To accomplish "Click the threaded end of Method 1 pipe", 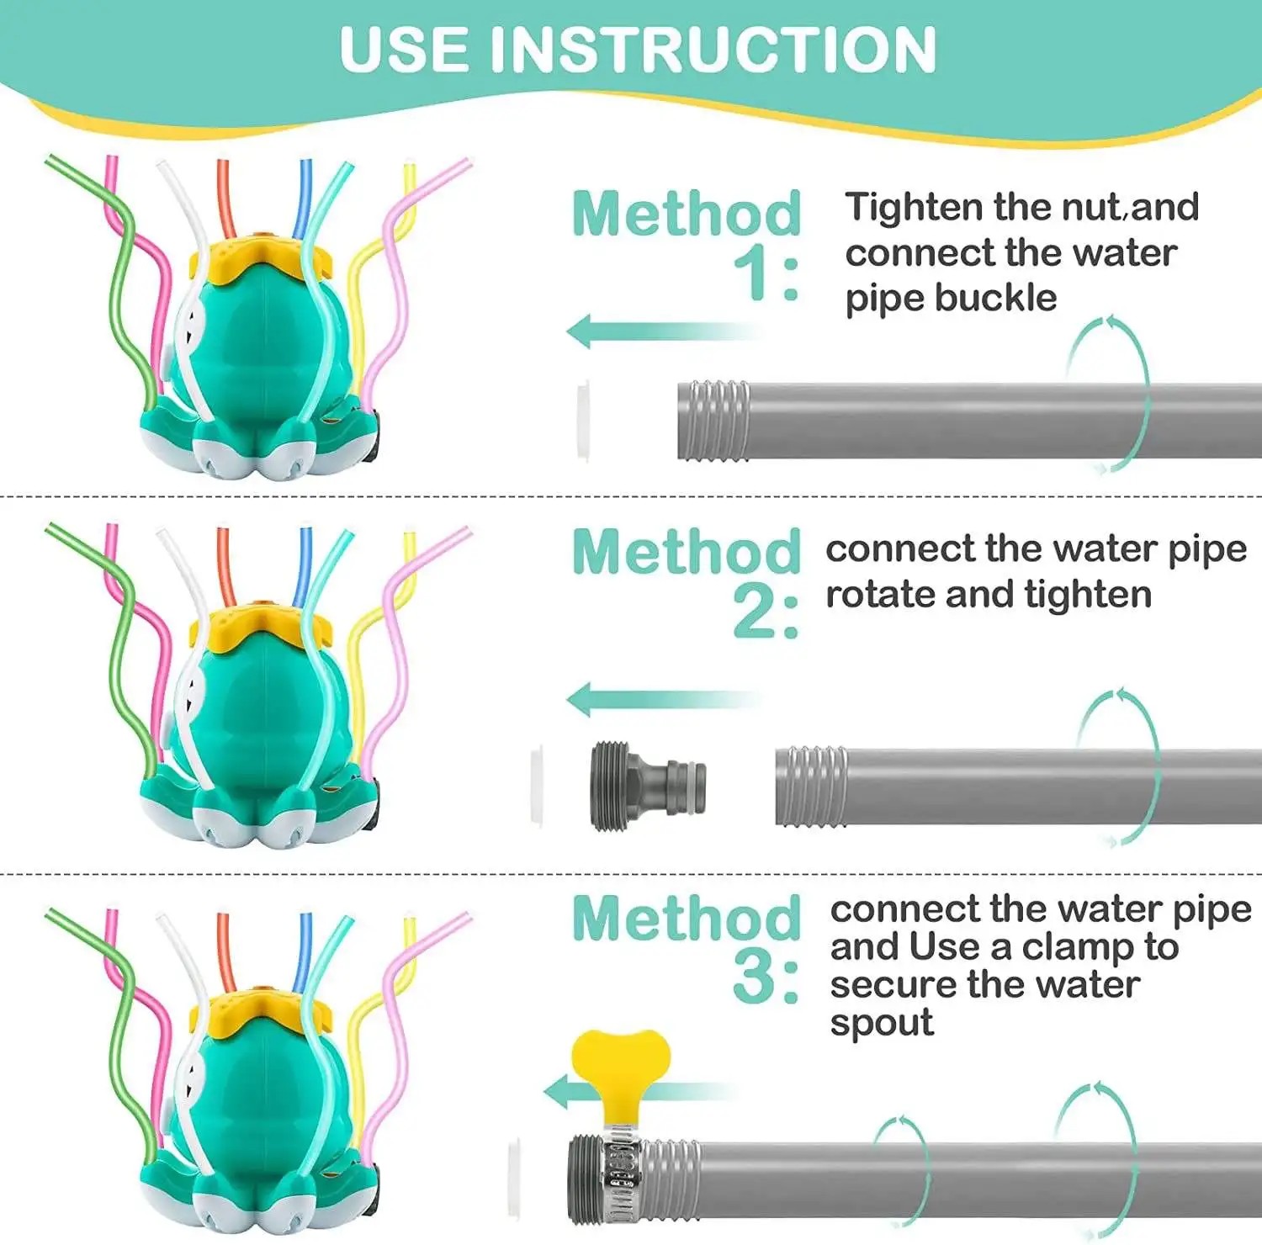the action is click(713, 420).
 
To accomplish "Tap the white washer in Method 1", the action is click(582, 420).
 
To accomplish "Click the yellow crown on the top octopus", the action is click(261, 257).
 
